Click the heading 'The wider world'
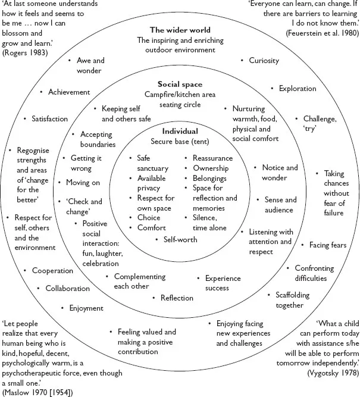pyautogui.click(x=180, y=30)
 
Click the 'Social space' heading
pyautogui.click(x=180, y=84)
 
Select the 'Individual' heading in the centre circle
pyautogui.click(x=180, y=131)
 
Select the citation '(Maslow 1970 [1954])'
pyautogui.click(x=41, y=392)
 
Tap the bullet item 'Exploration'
pyautogui.click(x=298, y=89)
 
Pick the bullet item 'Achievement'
pyautogui.click(x=69, y=92)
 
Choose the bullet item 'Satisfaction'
pyautogui.click(x=49, y=119)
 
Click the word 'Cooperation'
pyautogui.click(x=53, y=271)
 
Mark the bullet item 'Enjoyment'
pyautogui.click(x=86, y=308)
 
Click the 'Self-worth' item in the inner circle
pyautogui.click(x=181, y=239)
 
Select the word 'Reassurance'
pyautogui.click(x=212, y=158)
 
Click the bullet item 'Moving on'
pyautogui.click(x=83, y=183)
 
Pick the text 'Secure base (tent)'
pyautogui.click(x=180, y=141)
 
